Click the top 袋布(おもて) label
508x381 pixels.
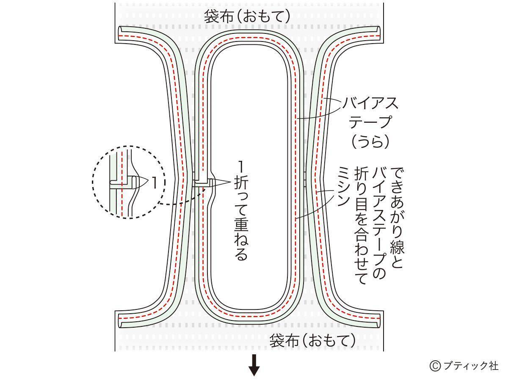[248, 17]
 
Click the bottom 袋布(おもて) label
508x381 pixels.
[313, 340]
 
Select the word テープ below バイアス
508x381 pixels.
[367, 122]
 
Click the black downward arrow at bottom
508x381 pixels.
[254, 366]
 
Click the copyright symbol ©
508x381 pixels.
[435, 366]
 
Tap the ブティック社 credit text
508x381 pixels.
[470, 366]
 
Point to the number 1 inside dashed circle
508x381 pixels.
[154, 183]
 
